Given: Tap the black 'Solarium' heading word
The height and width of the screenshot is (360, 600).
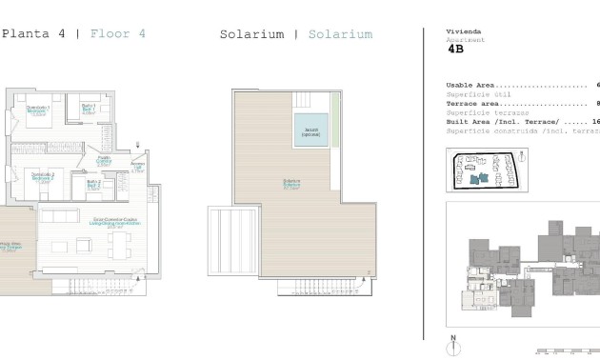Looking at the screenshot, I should tap(251, 34).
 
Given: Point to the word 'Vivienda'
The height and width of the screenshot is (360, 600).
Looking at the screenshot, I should tap(464, 31).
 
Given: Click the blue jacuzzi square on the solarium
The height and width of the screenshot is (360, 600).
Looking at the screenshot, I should tap(310, 130).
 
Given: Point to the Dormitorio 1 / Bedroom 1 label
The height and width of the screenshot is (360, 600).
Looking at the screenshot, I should tap(38, 109).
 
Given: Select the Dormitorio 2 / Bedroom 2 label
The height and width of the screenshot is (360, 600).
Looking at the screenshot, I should tap(41, 177).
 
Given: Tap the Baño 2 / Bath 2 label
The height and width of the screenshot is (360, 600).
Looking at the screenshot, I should tap(93, 185).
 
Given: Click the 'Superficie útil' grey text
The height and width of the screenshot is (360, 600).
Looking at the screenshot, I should tap(472, 93).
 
